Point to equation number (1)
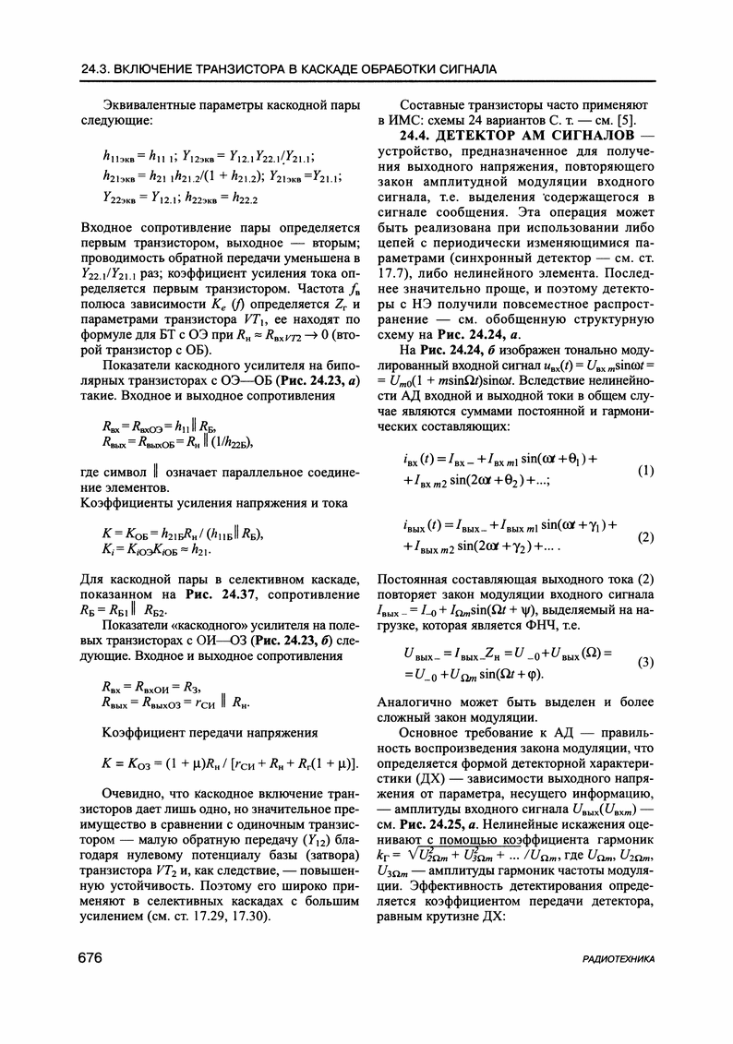pos(645,471)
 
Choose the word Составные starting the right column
pos(432,105)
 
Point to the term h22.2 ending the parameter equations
pos(241,197)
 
